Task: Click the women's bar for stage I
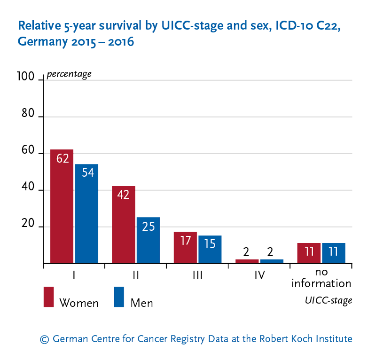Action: click(x=62, y=206)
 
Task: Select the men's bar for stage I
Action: click(x=86, y=214)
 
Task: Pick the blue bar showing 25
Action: click(x=148, y=240)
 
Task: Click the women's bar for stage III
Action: click(x=186, y=248)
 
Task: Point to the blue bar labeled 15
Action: click(x=210, y=250)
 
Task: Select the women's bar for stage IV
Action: click(x=247, y=261)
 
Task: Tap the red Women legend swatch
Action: click(x=49, y=297)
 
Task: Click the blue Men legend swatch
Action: click(x=119, y=297)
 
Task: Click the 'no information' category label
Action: click(x=321, y=279)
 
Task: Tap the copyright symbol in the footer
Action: click(x=45, y=339)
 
